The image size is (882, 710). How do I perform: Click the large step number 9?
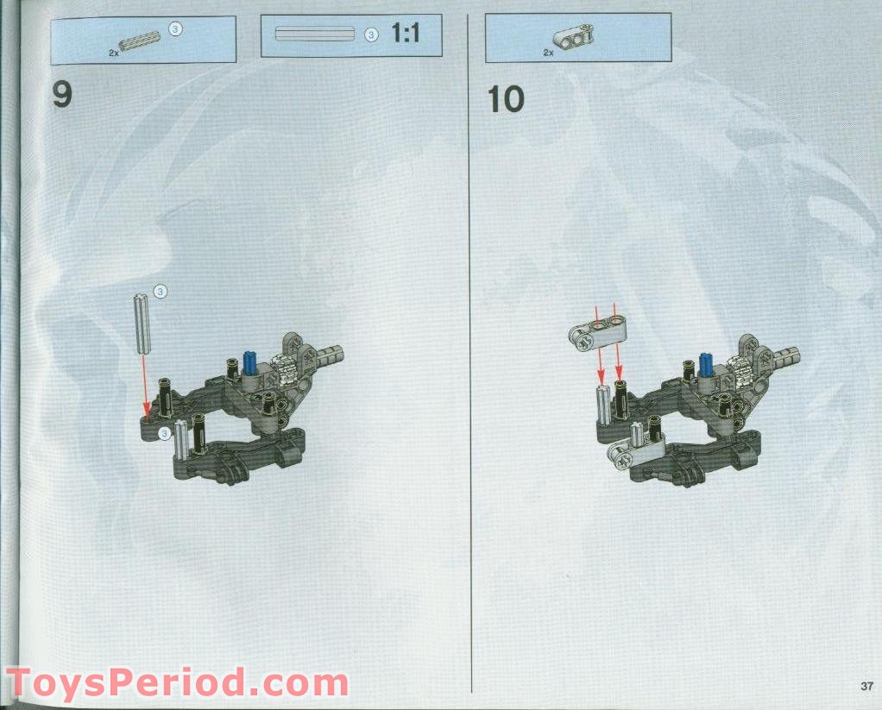coord(62,96)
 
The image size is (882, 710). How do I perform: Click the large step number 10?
coord(506,100)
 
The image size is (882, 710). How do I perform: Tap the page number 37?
coord(866,686)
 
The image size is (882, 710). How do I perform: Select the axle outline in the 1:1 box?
coord(314,35)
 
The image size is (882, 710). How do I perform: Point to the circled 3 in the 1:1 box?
coord(371,35)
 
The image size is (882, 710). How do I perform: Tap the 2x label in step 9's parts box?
coord(114,53)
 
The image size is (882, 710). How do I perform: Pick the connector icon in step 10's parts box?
coord(570,38)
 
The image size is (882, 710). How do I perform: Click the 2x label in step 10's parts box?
coord(548,53)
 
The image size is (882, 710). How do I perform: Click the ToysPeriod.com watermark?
coord(177,683)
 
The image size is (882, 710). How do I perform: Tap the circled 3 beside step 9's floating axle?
coord(160,292)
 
